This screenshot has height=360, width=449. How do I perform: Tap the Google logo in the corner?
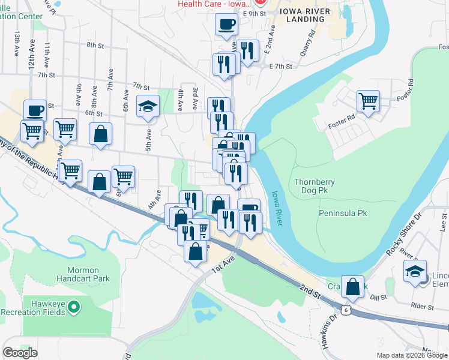pos(20,353)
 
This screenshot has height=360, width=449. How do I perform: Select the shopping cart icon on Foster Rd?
pos(368,101)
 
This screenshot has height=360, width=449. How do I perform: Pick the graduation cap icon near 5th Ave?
pos(148,107)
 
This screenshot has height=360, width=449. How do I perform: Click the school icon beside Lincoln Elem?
pos(415,271)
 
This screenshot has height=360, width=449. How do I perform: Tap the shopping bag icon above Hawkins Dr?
pos(353,287)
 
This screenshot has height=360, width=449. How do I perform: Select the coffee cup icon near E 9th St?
pos(227,25)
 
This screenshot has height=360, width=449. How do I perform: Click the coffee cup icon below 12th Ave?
pos(35,110)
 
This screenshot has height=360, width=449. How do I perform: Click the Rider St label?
pos(423,307)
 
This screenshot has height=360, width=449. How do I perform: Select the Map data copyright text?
pos(412,355)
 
